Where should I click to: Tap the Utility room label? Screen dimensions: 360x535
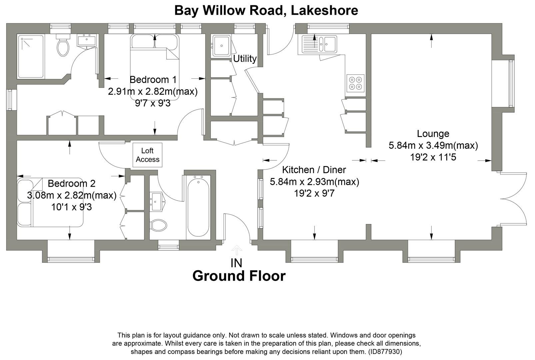tap(245, 59)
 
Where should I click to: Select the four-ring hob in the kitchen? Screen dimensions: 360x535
tap(355, 83)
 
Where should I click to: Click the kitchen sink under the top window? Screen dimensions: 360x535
tap(319, 44)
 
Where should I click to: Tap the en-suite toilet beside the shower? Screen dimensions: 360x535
tap(63, 47)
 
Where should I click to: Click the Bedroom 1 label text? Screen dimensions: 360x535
tap(153, 80)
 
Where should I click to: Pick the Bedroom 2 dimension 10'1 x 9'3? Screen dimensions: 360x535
tap(71, 207)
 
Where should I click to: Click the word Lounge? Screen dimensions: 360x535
tap(433, 134)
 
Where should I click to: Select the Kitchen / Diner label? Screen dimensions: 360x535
tap(314, 170)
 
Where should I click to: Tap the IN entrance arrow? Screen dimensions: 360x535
tap(237, 250)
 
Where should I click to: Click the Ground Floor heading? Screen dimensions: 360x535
tap(239, 276)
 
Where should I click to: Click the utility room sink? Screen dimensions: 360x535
tap(221, 45)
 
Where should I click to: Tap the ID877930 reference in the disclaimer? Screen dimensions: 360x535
tap(384, 352)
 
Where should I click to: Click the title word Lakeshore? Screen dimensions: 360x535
tap(324, 10)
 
